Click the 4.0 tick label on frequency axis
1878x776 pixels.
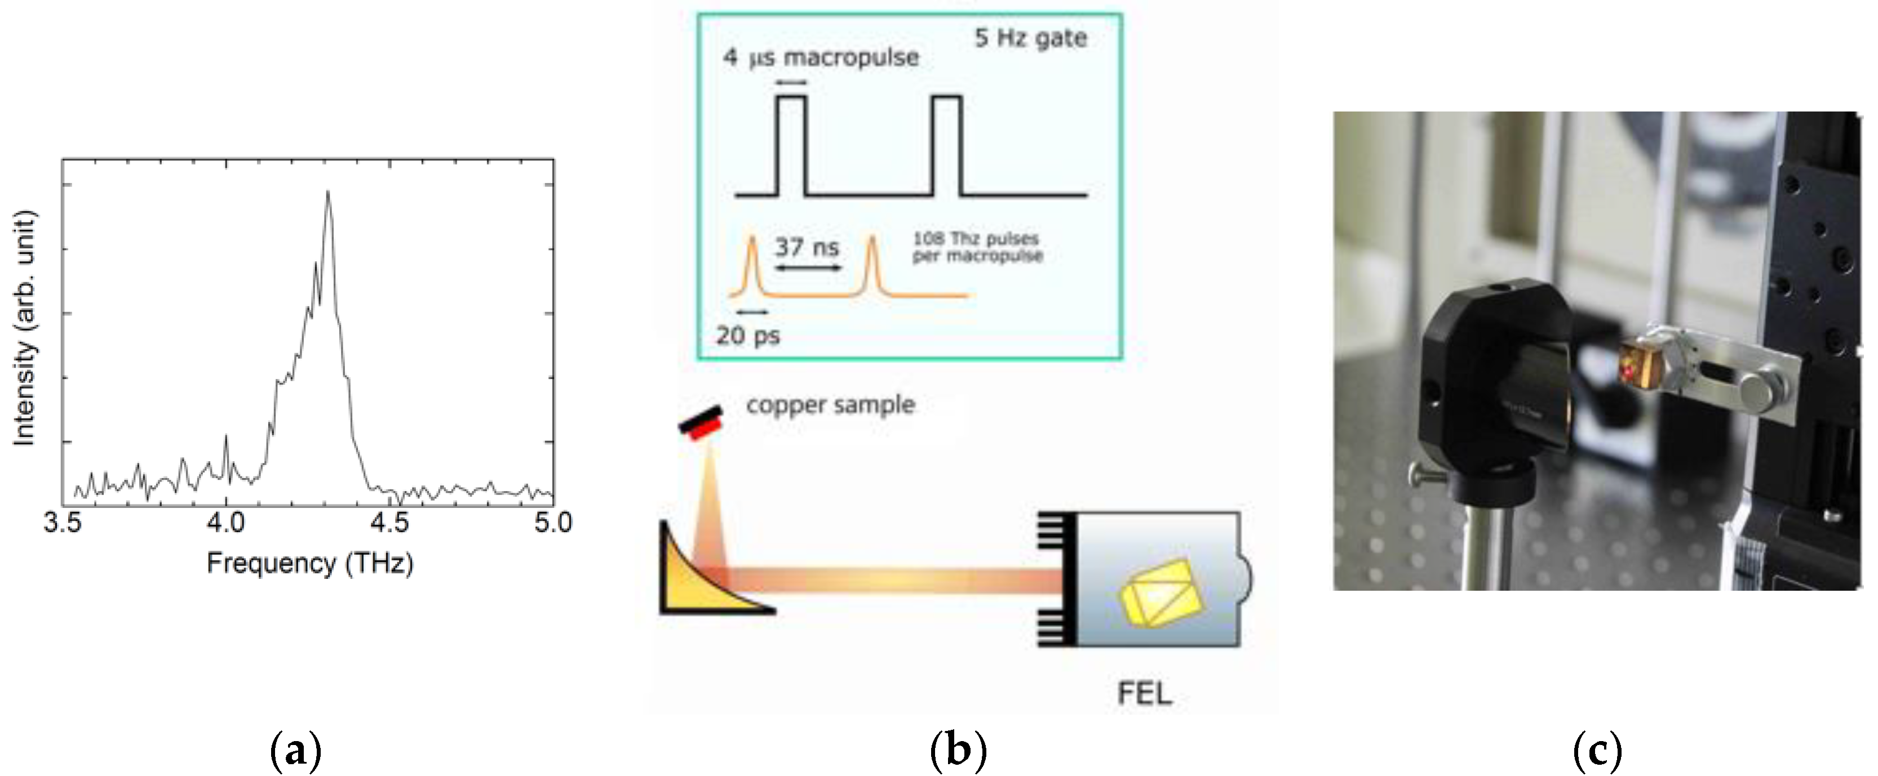click(225, 523)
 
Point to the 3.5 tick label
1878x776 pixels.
click(62, 523)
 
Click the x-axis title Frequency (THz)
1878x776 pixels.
click(310, 563)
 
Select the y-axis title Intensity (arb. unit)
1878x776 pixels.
click(24, 328)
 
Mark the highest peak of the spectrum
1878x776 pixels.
click(328, 193)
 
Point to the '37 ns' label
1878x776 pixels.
click(807, 247)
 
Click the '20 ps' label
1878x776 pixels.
click(747, 336)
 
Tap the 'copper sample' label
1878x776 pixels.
click(830, 404)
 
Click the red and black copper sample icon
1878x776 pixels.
click(701, 422)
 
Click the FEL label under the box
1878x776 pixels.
click(1145, 693)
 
